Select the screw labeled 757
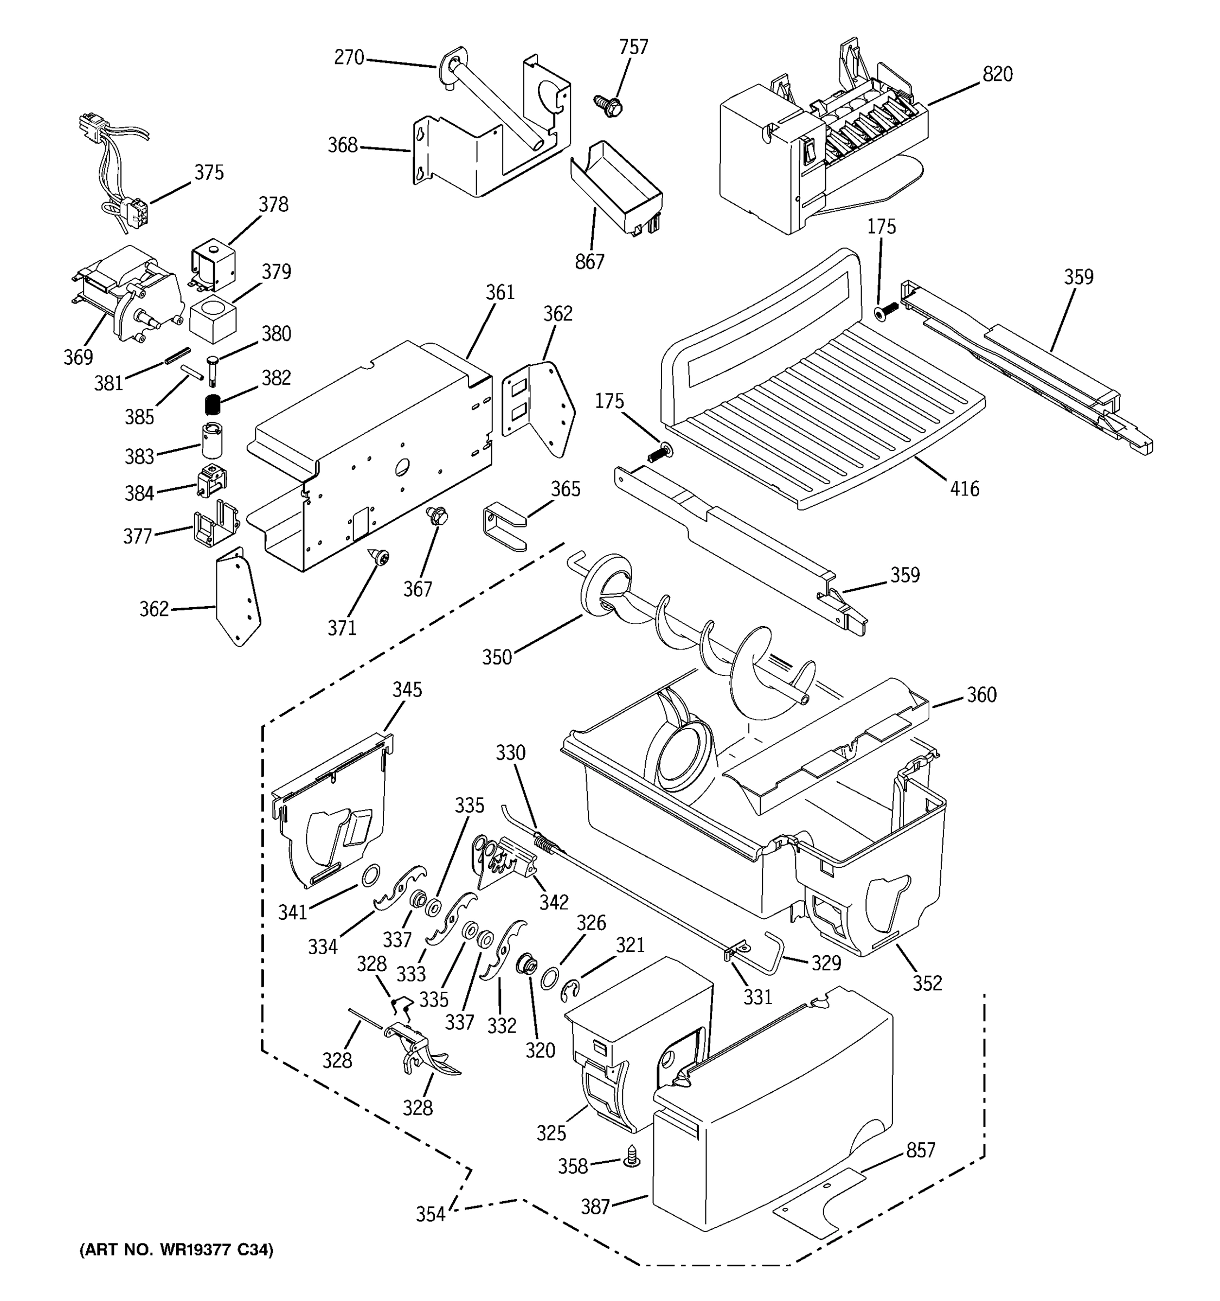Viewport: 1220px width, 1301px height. [608, 105]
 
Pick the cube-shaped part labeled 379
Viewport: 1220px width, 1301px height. [213, 318]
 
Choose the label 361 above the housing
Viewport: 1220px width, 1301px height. [500, 293]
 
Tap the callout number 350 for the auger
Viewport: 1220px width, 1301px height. [497, 657]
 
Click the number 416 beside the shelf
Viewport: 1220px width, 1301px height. [964, 489]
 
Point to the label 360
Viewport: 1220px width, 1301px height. [981, 694]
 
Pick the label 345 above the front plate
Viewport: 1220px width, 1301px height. [407, 690]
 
